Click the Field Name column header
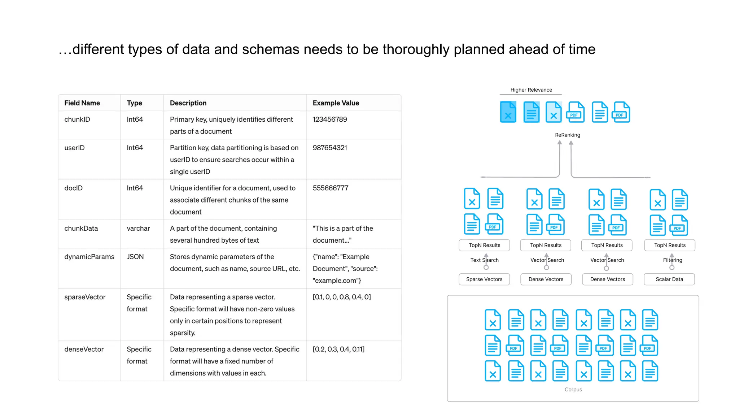(82, 103)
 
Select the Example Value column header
(336, 103)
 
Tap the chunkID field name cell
(77, 120)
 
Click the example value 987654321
(329, 148)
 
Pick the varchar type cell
(138, 228)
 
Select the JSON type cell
(135, 257)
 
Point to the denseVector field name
(84, 349)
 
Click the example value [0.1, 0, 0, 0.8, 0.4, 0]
(341, 297)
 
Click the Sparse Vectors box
(484, 279)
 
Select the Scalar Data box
(669, 279)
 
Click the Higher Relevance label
(531, 90)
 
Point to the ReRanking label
(567, 135)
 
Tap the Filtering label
(672, 260)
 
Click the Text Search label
(484, 260)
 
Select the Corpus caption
(573, 390)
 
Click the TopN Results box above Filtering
(669, 245)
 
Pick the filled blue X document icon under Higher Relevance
(508, 112)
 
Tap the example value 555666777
(330, 188)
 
